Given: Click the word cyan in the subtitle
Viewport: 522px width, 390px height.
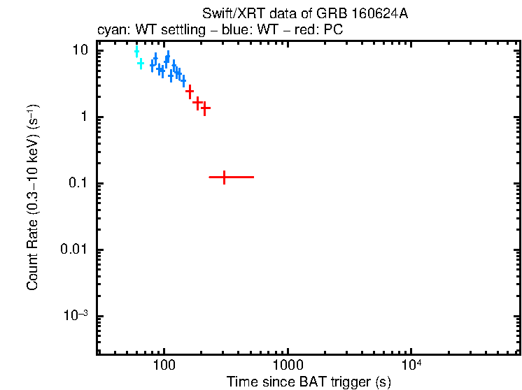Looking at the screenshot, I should pyautogui.click(x=109, y=31).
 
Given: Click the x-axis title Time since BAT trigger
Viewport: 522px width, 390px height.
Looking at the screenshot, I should pyautogui.click(x=309, y=382).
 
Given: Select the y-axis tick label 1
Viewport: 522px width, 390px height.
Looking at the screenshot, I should pyautogui.click(x=85, y=117).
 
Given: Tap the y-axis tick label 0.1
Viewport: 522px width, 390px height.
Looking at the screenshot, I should pyautogui.click(x=79, y=183).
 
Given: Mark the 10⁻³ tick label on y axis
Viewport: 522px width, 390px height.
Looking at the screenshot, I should pyautogui.click(x=78, y=315).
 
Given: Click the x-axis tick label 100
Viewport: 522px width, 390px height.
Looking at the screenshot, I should pyautogui.click(x=164, y=367).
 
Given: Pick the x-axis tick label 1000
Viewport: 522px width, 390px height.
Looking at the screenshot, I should pyautogui.click(x=288, y=367).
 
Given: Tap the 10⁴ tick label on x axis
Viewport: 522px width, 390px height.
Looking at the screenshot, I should pyautogui.click(x=411, y=366).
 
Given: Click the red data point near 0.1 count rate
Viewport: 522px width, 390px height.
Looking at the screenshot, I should pyautogui.click(x=224, y=178).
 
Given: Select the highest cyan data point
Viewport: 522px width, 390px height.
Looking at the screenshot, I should pyautogui.click(x=136, y=51).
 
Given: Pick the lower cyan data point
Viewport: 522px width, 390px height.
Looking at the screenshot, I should pyautogui.click(x=141, y=64).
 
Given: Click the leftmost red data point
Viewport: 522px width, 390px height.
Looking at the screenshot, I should pyautogui.click(x=189, y=92).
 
